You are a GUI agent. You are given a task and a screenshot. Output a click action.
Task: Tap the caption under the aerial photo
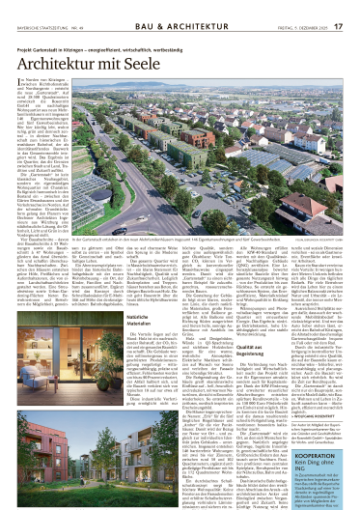[193, 289]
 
